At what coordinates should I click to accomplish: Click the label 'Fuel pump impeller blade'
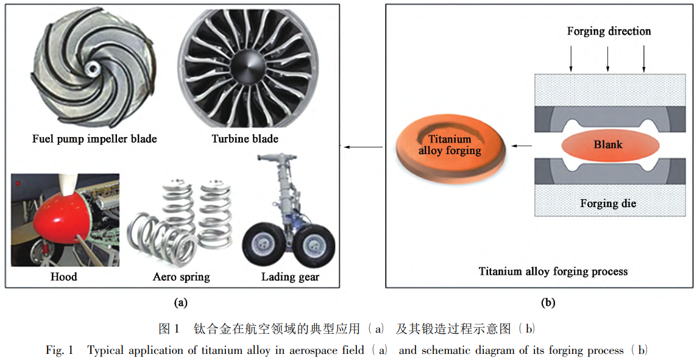(94, 139)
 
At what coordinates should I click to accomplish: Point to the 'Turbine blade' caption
(245, 139)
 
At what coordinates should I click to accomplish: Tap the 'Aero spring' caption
(181, 277)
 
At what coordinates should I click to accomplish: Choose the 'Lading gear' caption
(290, 277)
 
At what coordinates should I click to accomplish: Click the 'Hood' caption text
(63, 277)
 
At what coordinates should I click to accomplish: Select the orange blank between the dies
(608, 146)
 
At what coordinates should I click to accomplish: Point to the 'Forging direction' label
(609, 31)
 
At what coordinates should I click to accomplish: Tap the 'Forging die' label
(608, 203)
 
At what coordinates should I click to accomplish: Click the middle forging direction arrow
(608, 59)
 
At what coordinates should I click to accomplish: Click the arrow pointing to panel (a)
(363, 146)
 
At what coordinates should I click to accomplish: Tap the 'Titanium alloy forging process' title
(553, 271)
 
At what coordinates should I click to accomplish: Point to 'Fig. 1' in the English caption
(59, 350)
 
